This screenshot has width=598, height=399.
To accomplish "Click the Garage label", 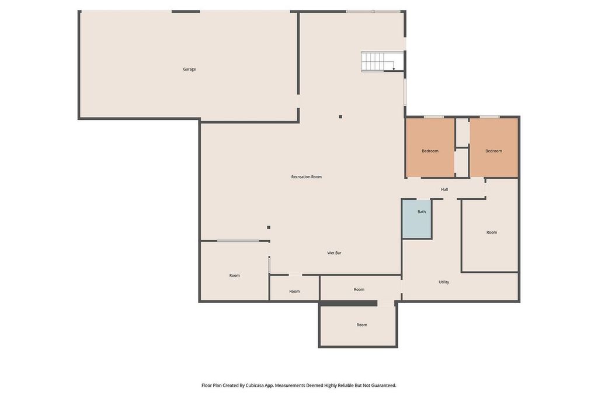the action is [x=189, y=69].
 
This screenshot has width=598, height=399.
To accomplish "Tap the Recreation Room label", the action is [x=306, y=176].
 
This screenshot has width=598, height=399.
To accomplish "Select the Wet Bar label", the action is [x=334, y=252].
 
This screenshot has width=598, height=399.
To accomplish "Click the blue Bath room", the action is [x=417, y=218].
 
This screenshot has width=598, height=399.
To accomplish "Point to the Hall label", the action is [x=444, y=189].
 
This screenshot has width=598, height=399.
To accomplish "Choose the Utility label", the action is [x=444, y=282].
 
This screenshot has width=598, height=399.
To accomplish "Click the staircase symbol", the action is [x=383, y=61].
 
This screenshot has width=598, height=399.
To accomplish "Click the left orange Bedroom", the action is [x=430, y=148].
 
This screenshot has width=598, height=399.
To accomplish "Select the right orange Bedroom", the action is [x=493, y=148].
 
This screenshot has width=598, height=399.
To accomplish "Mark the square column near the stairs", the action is [x=340, y=117].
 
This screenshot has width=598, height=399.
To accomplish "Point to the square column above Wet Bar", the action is [x=269, y=227].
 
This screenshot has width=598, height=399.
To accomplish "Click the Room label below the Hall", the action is [x=492, y=232].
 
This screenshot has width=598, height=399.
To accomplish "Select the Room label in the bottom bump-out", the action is [x=362, y=325].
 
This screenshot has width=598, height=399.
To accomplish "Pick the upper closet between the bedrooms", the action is [x=463, y=133].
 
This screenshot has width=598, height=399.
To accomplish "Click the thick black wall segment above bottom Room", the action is [x=348, y=303].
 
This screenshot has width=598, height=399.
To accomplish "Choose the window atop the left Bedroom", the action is [x=434, y=117].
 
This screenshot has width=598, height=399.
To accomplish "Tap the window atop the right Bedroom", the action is [x=490, y=117].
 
